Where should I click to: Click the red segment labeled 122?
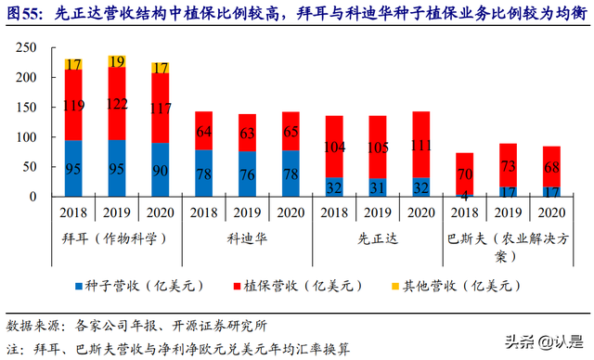[x=118, y=103]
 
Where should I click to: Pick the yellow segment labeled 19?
[x=118, y=62]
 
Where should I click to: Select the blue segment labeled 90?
[x=161, y=170]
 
